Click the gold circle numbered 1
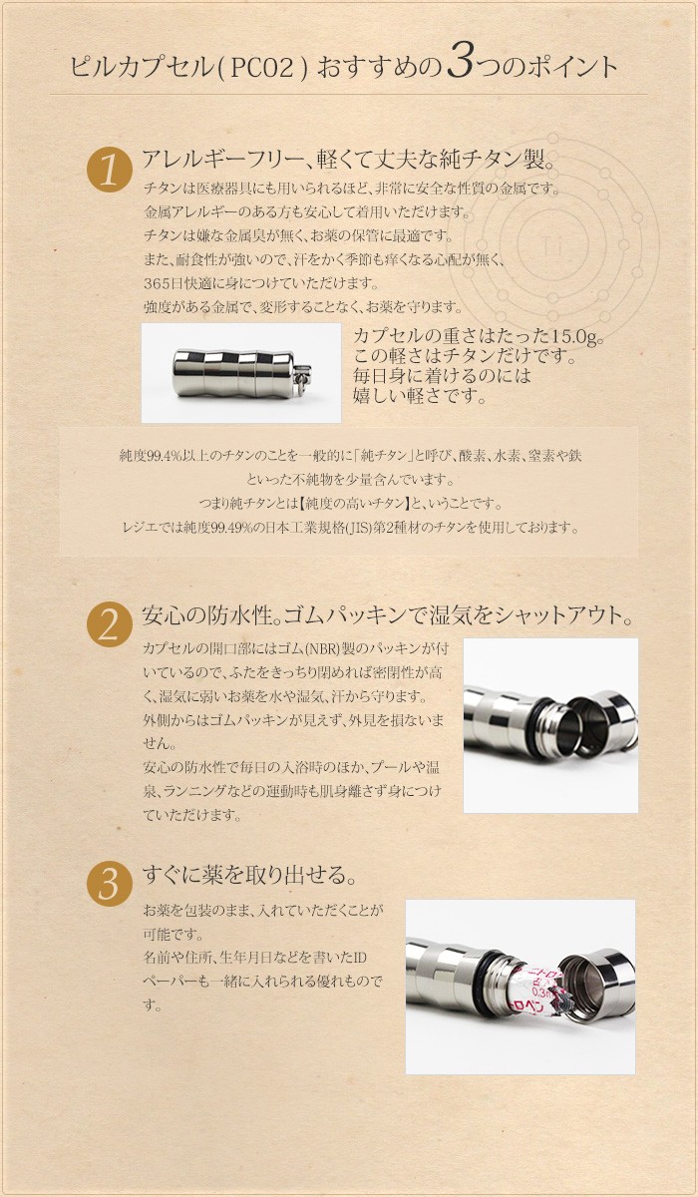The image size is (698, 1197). click(x=115, y=171)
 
